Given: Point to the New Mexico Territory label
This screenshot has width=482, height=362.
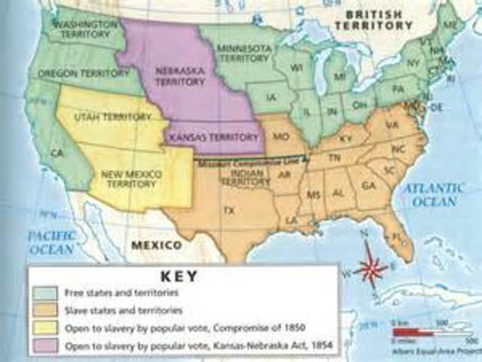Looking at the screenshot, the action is click(x=130, y=179).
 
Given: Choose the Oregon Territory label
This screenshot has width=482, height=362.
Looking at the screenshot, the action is click(x=74, y=73).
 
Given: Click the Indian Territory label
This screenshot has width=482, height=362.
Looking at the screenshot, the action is click(x=239, y=177).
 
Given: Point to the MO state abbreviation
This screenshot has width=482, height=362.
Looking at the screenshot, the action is click(x=279, y=137).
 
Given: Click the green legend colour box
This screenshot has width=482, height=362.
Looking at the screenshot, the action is click(x=47, y=293).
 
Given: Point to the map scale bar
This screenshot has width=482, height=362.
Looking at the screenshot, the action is click(x=412, y=331).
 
